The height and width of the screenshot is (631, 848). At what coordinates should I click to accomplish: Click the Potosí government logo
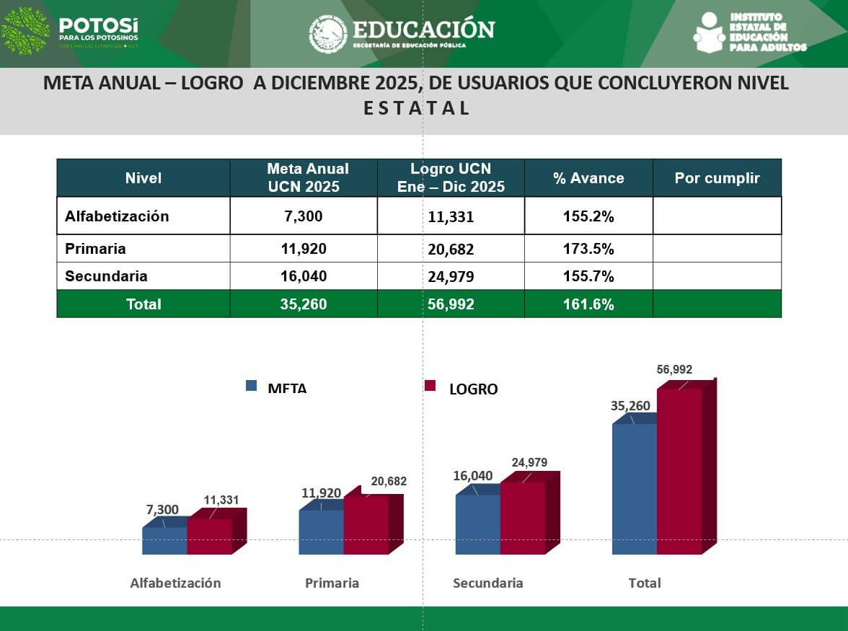pos(70,31)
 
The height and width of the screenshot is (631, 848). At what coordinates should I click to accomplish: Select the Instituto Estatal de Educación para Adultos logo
pos(750,32)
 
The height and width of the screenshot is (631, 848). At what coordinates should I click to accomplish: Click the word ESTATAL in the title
pos(416,108)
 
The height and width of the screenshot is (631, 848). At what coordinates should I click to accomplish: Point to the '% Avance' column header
pos(588,178)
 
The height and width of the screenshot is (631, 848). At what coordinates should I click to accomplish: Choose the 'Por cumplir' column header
pos(717,178)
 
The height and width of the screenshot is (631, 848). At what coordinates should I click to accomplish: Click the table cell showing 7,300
pos(304,216)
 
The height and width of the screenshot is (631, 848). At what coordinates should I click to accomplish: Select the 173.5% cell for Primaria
pos(588,249)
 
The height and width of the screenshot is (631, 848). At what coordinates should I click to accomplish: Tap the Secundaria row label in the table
pos(106,276)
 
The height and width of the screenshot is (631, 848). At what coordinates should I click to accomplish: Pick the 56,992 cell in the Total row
pos(451,304)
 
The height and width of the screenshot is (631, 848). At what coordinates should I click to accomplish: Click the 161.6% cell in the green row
pos(588,304)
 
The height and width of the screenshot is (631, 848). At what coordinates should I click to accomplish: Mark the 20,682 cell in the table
pos(451,250)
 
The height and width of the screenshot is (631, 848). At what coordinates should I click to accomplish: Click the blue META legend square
pos(251,386)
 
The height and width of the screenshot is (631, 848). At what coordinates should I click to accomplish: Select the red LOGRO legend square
pos(430,386)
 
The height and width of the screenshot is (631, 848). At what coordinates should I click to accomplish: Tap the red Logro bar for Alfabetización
pos(209,537)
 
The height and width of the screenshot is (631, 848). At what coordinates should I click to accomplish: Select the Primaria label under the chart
pos(332,583)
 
